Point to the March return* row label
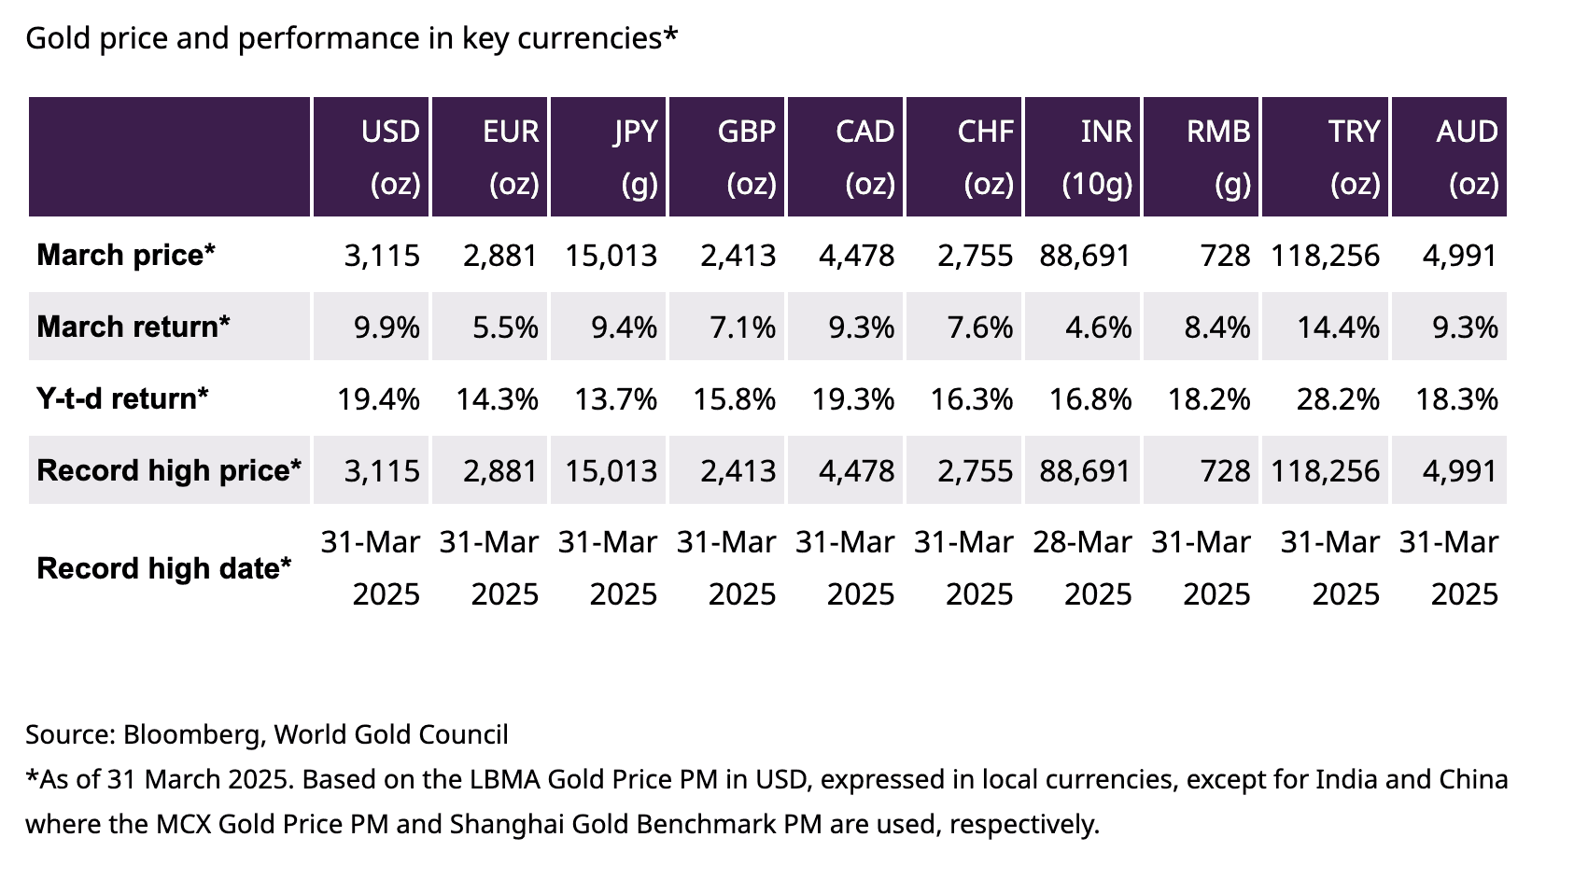[x=134, y=327]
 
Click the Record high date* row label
[x=164, y=568]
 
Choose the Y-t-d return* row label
[x=122, y=398]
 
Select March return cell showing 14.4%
[x=1338, y=327]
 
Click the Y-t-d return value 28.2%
[x=1338, y=399]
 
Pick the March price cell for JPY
[x=611, y=256]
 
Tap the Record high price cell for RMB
[x=1225, y=470]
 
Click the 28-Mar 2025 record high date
[x=1083, y=567]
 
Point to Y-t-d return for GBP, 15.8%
[x=735, y=399]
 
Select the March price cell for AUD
[x=1460, y=256]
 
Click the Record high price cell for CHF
[x=976, y=470]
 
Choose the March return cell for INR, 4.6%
[x=1099, y=327]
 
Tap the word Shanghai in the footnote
[x=496, y=825]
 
